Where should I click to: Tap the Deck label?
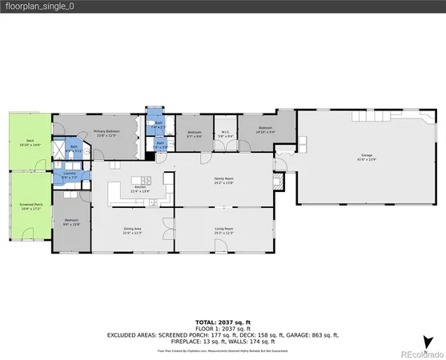pos(30,142)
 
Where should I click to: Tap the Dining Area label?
pos(132,230)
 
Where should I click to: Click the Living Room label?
pos(223,230)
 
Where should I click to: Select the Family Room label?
pos(223,180)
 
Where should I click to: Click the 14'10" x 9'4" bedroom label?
pos(265,130)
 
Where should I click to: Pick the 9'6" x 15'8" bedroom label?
pos(71,222)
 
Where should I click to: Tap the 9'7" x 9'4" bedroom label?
pos(194,134)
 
